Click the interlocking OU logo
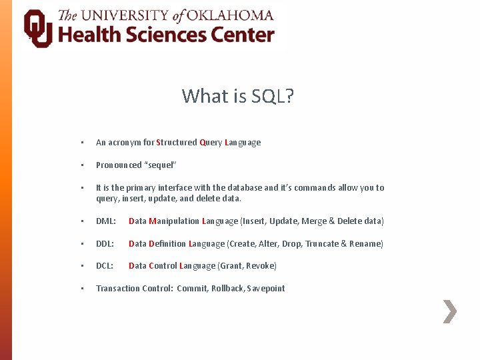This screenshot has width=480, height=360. point(38,28)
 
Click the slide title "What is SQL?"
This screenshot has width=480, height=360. point(238,96)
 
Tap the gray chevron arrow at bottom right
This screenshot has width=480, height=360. point(450,311)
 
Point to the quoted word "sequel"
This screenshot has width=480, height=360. point(160,165)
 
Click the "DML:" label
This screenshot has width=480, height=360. point(106,221)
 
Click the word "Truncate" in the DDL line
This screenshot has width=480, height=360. point(322,244)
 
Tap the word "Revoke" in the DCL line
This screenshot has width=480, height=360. point(261,266)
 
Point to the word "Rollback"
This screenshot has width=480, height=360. point(229,289)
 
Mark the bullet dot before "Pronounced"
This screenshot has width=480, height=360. point(81,165)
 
